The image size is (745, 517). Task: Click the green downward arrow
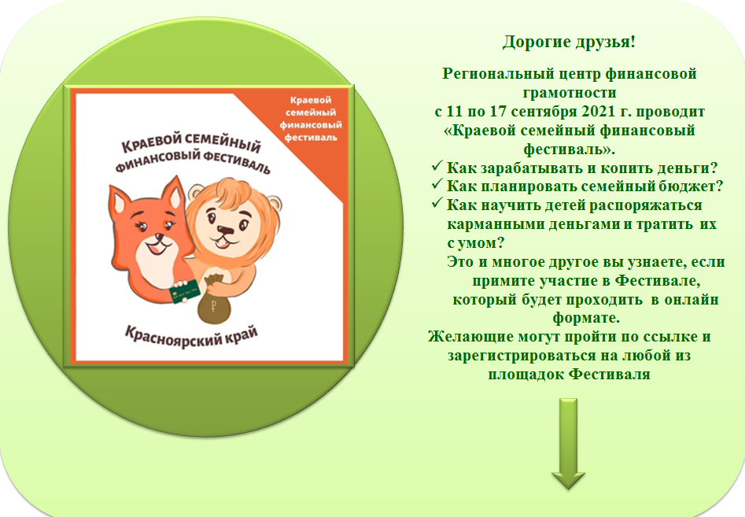click(568, 444)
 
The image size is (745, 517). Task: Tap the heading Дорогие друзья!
click(570, 42)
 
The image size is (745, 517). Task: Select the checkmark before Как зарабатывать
click(437, 166)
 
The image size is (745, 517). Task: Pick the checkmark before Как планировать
click(437, 184)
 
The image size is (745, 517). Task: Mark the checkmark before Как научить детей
click(437, 203)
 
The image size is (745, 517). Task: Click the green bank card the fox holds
click(185, 291)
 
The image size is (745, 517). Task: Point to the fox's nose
click(160, 237)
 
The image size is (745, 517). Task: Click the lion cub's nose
click(225, 231)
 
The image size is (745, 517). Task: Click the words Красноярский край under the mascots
click(191, 337)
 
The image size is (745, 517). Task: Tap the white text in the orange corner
click(311, 119)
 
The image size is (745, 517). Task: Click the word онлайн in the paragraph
click(692, 300)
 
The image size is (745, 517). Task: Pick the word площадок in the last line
click(526, 375)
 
